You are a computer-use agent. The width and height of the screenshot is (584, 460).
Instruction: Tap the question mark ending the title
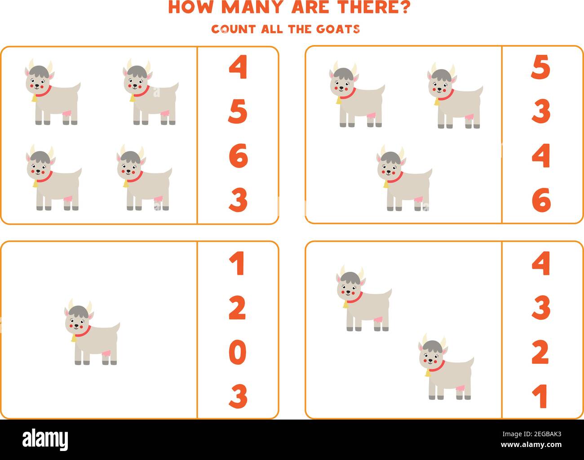coord(403,7)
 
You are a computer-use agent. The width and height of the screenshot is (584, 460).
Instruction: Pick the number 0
coord(238,352)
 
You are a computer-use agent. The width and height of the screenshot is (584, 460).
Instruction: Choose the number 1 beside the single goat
coord(237,264)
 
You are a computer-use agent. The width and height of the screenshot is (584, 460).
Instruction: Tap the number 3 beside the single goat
coord(238,396)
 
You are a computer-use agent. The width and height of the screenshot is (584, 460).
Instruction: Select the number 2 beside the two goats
coord(540,352)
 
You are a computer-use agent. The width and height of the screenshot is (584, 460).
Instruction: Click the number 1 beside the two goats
coord(540,396)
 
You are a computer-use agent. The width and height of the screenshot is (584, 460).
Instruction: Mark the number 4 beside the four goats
coord(238,68)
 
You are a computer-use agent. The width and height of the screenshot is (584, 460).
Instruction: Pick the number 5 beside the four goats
coord(238,112)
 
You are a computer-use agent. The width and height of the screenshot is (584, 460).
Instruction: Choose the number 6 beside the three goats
coord(541,200)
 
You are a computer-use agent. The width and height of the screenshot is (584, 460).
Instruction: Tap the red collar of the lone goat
coord(83,332)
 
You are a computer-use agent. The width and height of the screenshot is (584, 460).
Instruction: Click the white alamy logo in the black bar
coord(45,438)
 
